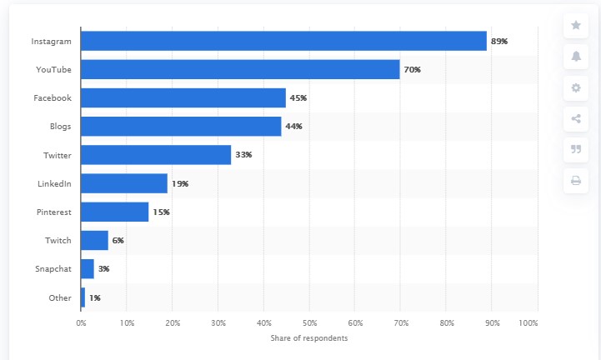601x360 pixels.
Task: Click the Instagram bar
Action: tap(283, 41)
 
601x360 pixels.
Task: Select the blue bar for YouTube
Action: tap(240, 69)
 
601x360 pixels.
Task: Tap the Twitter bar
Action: tap(156, 155)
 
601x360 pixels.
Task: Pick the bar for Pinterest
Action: tap(115, 212)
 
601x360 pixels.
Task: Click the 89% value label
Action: tap(499, 41)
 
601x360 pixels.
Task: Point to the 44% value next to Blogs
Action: tap(293, 127)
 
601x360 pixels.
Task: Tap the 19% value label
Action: tap(179, 183)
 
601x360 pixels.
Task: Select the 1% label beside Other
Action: tap(95, 297)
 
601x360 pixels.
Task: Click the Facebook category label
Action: tap(52, 97)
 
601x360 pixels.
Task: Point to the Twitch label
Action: tap(58, 241)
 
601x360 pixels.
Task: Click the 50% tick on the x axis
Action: tap(309, 322)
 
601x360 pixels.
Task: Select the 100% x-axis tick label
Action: tap(528, 322)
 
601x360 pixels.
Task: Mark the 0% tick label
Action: tap(81, 322)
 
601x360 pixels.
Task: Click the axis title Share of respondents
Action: tap(309, 338)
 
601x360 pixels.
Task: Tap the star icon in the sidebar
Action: tap(576, 25)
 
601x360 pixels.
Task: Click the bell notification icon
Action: tap(576, 56)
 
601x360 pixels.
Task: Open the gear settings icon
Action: tap(576, 87)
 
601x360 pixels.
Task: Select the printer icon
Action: tap(576, 180)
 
